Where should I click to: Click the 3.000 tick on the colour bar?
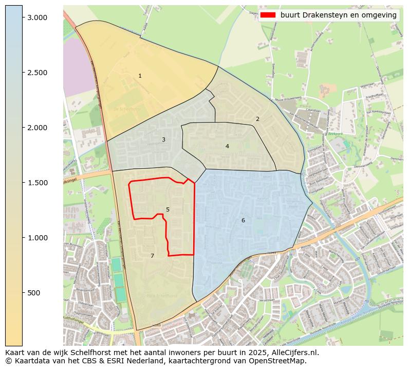click(x=37, y=17)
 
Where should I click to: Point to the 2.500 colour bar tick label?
click(x=37, y=73)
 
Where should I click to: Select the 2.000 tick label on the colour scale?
click(x=37, y=128)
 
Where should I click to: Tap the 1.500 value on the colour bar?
click(x=37, y=183)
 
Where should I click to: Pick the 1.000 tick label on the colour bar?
click(x=37, y=238)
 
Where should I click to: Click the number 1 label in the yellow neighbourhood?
click(x=140, y=76)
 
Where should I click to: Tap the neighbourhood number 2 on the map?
click(x=257, y=119)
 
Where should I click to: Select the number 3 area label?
click(x=163, y=140)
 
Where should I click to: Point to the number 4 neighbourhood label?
click(x=227, y=147)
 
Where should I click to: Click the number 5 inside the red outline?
click(x=168, y=210)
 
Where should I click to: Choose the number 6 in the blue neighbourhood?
click(x=243, y=221)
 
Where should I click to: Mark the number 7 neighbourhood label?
click(x=152, y=256)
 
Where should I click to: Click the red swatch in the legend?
click(x=268, y=15)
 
